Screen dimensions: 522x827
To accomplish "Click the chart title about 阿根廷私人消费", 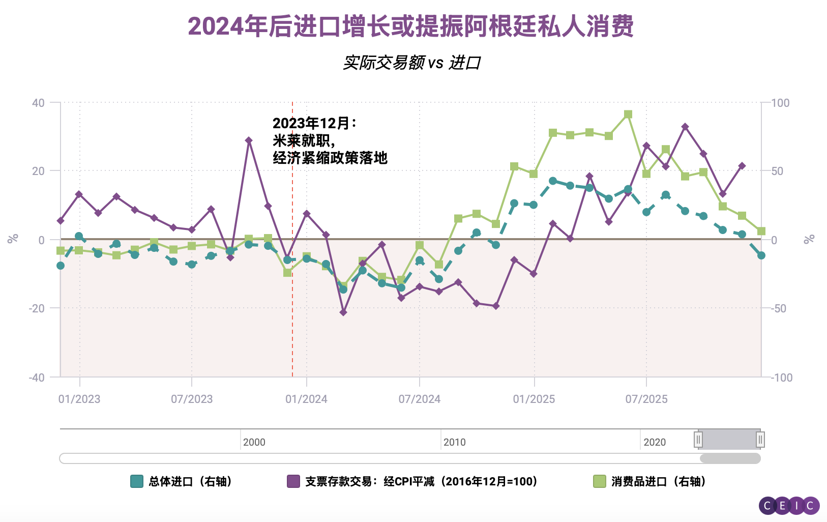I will point(411,26).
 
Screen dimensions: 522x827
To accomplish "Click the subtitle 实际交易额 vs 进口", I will point(411,63).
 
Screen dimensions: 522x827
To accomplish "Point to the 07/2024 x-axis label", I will point(419,399).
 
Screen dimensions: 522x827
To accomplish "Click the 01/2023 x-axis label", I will point(79,399).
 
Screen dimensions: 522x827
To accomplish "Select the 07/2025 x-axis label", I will point(646,399).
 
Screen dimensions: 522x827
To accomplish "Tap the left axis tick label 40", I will point(38,103).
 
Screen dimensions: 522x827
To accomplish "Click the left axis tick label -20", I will point(37,308).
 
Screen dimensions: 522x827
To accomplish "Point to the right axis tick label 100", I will point(780,103).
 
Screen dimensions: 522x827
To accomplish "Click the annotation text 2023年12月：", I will point(315,124).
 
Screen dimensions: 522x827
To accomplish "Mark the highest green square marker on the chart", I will point(628,114).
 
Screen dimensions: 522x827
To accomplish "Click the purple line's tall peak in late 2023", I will point(249,140).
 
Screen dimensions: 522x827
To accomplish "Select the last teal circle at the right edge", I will point(761,255).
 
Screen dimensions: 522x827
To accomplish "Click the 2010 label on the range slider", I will point(454,442).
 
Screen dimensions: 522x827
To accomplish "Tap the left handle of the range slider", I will point(698,440).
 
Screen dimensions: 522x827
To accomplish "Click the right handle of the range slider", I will point(760,440).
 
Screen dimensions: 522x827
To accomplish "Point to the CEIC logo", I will point(789,506).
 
